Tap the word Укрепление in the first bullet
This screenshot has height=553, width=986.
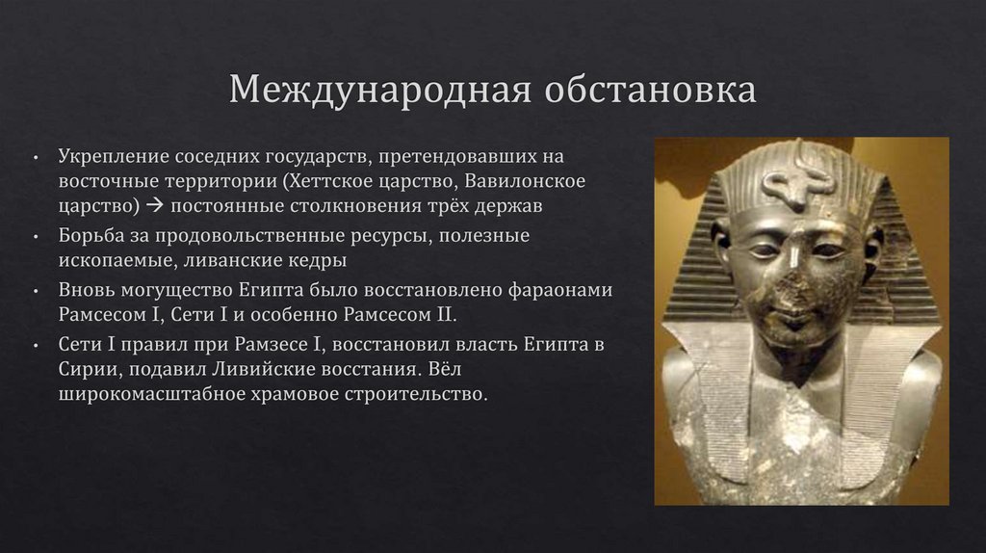click(105, 156)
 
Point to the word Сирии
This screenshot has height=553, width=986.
click(86, 369)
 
